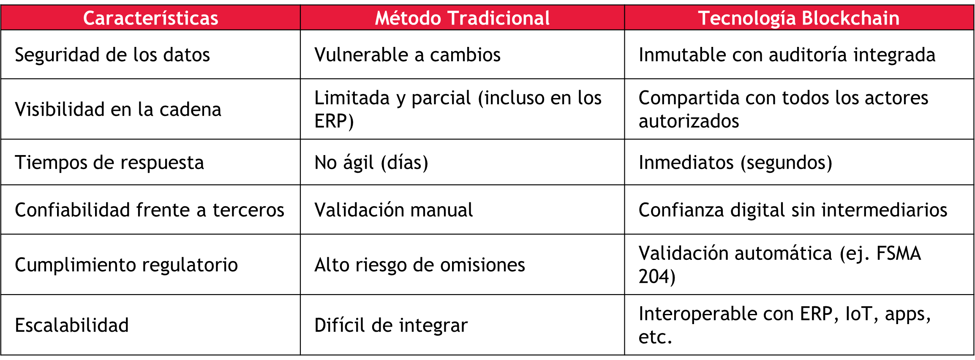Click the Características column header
150,18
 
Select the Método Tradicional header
462,18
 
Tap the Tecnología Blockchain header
799,19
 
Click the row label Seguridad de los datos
112,55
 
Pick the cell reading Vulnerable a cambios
407,55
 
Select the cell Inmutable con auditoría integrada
787,55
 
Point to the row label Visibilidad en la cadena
118,109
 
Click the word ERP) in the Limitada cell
334,121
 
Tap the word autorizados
689,121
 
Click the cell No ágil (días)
371,163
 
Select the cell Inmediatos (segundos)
735,163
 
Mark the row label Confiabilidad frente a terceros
150,210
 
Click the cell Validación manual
394,210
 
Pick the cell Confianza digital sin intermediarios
793,210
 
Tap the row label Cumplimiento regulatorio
126,265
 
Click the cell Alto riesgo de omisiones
419,265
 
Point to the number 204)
657,277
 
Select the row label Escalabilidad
72,325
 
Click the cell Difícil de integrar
391,326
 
